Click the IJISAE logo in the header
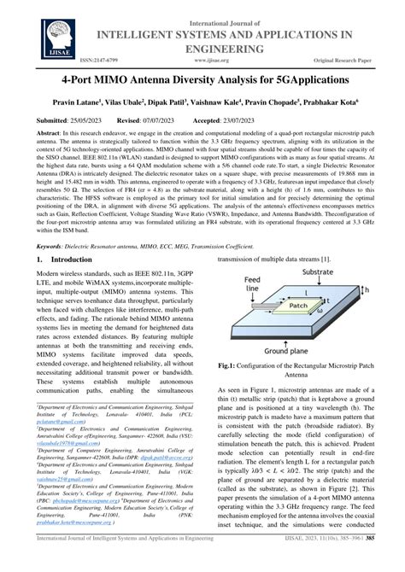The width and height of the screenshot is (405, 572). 36,34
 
